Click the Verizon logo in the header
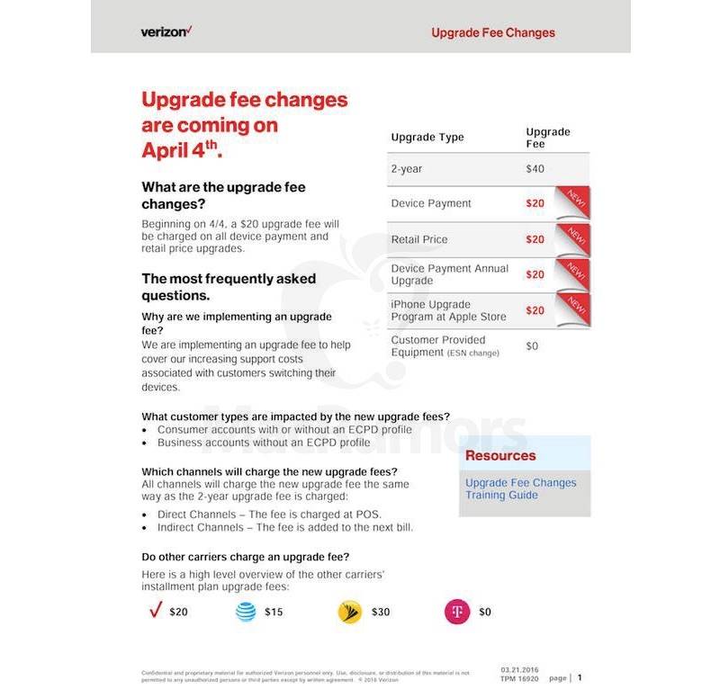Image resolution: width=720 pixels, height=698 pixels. click(x=166, y=31)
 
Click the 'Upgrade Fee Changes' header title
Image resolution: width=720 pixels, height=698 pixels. click(x=492, y=32)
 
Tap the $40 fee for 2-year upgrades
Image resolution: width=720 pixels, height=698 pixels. click(x=535, y=169)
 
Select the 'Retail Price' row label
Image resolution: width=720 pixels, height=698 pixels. click(x=418, y=239)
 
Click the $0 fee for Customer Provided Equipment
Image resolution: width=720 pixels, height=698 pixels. click(x=532, y=345)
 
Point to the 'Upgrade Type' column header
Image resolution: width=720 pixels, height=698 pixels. click(x=427, y=138)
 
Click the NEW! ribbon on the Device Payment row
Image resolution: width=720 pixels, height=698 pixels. click(x=573, y=201)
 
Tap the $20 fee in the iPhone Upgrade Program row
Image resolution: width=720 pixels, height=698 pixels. click(x=535, y=310)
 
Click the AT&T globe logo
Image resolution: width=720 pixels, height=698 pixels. click(x=246, y=612)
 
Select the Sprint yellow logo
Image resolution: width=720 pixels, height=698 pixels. click(x=349, y=613)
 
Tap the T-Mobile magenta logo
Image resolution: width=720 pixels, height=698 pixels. click(x=456, y=613)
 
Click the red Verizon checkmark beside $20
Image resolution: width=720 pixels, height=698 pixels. click(x=154, y=611)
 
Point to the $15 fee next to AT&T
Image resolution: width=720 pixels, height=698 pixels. click(x=274, y=613)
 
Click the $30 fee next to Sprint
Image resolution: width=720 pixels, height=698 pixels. click(x=381, y=613)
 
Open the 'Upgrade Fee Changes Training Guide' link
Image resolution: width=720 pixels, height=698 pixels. click(x=520, y=489)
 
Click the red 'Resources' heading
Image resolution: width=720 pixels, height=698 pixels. click(x=500, y=456)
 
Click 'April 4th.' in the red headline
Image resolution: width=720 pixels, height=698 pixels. click(x=181, y=150)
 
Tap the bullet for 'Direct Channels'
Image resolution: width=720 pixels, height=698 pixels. click(x=147, y=515)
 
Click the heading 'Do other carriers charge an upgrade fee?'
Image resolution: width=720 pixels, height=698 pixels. click(x=246, y=556)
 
